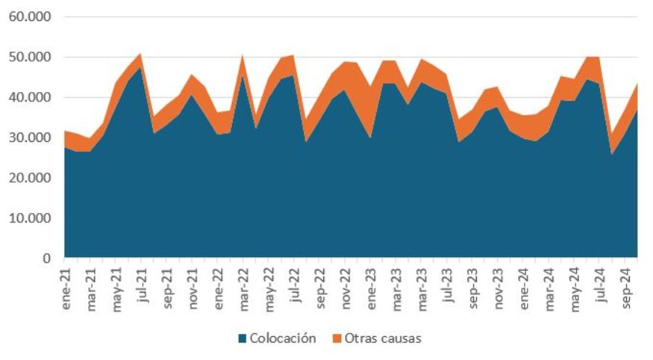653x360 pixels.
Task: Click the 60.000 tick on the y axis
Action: (28, 17)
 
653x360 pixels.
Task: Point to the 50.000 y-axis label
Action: (28, 57)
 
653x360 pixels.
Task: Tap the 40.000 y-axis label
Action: (28, 97)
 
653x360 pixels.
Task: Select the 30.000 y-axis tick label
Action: (28, 138)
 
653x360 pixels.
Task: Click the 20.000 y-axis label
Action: (28, 177)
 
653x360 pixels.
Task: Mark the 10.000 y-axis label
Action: (28, 218)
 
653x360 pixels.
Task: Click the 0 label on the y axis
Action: (46, 259)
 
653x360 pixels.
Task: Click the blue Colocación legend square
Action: (243, 338)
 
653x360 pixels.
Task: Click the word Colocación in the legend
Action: (283, 338)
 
